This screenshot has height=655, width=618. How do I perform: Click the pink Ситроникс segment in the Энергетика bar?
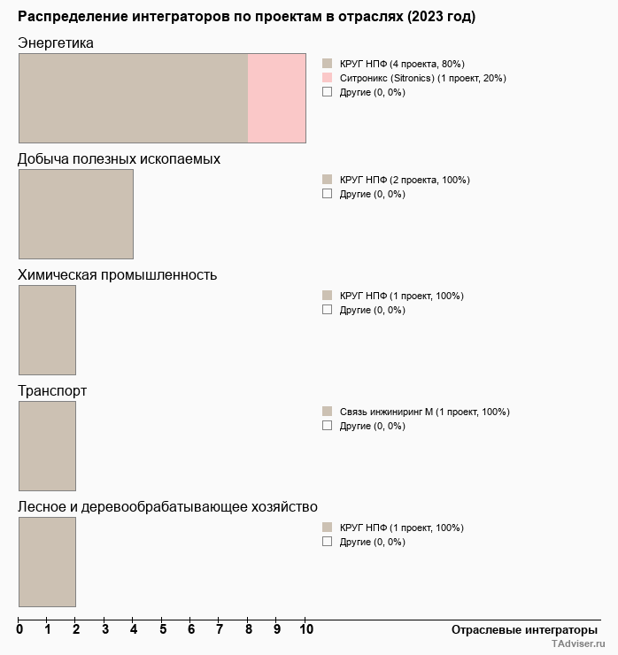(x=276, y=98)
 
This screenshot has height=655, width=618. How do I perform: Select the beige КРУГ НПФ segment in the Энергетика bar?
(x=133, y=98)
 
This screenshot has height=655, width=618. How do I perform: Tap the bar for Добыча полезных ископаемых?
(x=76, y=214)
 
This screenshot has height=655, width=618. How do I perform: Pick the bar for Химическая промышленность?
(x=47, y=330)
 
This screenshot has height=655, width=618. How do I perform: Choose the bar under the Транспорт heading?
(x=47, y=446)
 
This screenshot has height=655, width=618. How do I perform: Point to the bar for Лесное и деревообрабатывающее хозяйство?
(x=47, y=562)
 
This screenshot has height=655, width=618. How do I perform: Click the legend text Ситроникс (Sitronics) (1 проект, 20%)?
(x=422, y=78)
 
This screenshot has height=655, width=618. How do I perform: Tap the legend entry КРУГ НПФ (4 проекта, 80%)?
(x=402, y=64)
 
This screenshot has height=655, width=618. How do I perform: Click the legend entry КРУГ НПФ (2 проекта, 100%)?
(x=405, y=180)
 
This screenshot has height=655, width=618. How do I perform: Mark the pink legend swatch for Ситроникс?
(x=327, y=78)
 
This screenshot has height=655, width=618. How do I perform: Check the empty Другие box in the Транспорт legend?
(x=327, y=426)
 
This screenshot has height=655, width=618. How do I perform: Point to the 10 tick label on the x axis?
(x=305, y=630)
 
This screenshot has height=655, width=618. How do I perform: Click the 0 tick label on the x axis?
(x=19, y=630)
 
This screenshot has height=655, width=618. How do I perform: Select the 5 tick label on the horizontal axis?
(x=162, y=630)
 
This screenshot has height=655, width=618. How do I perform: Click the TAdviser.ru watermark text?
(x=578, y=645)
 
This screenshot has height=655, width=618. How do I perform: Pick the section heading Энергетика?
(x=56, y=43)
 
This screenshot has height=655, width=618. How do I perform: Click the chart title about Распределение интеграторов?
(x=246, y=17)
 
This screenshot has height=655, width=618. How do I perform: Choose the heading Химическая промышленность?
(x=118, y=274)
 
